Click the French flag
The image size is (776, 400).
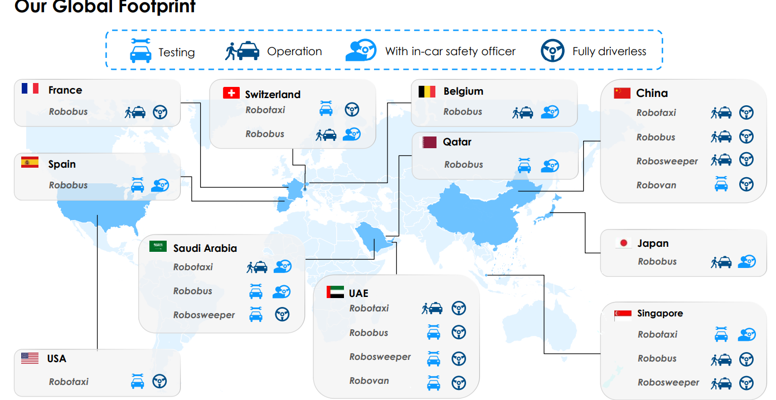click(x=30, y=88)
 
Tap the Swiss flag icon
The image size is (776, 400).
click(x=231, y=93)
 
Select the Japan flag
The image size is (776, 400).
click(x=624, y=243)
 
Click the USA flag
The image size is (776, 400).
click(x=30, y=358)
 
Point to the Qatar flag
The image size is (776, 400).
click(x=429, y=142)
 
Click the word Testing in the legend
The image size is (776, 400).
click(x=176, y=52)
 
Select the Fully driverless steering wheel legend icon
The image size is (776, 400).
click(x=552, y=51)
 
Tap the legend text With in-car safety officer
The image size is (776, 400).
click(x=450, y=51)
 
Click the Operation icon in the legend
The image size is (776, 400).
click(x=242, y=51)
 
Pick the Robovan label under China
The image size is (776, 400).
click(x=656, y=185)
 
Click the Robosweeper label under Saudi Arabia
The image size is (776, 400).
click(x=204, y=315)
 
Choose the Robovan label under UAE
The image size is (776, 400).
click(x=369, y=381)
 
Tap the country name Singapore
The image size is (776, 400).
click(x=660, y=314)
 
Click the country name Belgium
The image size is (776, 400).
click(x=463, y=91)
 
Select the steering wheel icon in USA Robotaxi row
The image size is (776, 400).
click(x=159, y=382)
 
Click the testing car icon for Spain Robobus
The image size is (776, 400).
click(x=137, y=184)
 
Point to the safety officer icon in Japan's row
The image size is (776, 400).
click(x=746, y=261)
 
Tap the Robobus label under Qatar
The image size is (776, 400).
click(x=463, y=164)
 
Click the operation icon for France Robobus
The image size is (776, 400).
click(x=135, y=112)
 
